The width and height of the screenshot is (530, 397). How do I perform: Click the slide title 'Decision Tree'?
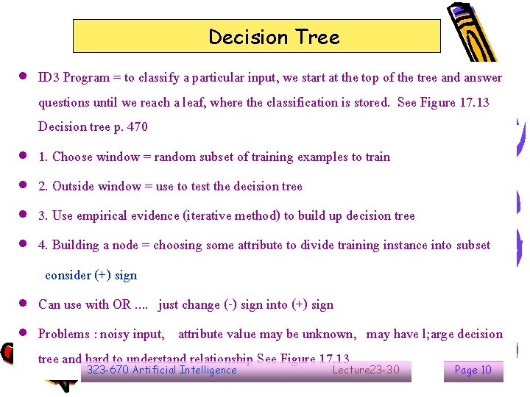pyautogui.click(x=274, y=37)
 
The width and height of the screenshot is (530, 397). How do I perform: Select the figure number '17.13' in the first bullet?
pyautogui.click(x=473, y=102)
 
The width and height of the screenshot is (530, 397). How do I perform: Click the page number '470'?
pyautogui.click(x=137, y=126)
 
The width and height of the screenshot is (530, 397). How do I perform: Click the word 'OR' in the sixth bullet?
pyautogui.click(x=121, y=304)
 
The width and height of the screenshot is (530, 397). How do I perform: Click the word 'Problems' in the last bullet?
pyautogui.click(x=65, y=334)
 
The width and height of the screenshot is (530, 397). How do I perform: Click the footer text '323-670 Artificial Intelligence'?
pyautogui.click(x=162, y=370)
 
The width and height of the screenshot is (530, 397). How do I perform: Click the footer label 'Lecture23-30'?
pyautogui.click(x=366, y=370)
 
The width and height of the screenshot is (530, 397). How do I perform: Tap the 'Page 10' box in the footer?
pyautogui.click(x=473, y=371)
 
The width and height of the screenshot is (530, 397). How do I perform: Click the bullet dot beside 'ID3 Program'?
pyautogui.click(x=24, y=76)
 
